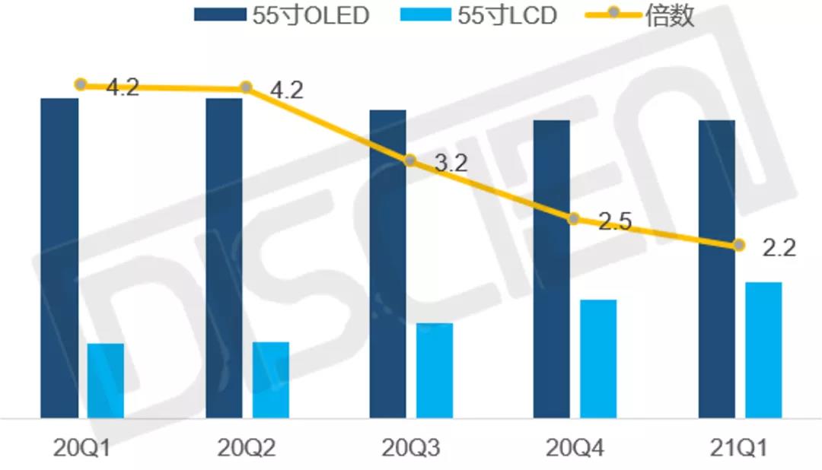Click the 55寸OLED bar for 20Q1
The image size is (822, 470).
pos(59,258)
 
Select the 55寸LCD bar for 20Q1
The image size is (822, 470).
pos(106,380)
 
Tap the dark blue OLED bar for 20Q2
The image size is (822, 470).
pos(224,258)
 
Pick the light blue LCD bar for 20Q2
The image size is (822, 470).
pos(271,379)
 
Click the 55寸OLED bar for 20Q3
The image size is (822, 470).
pos(388,263)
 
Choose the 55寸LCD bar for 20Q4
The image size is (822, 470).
pos(598,358)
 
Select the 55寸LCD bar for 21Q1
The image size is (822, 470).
pos(763,350)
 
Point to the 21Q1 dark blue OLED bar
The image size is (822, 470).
pos(717,268)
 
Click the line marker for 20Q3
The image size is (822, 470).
pos(409,160)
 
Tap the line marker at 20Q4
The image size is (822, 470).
pos(574,219)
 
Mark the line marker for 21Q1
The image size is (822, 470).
pos(738,245)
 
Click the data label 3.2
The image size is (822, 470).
pos(451,163)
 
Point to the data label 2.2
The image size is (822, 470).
pos(779,248)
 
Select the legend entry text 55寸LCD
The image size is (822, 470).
pos(506,15)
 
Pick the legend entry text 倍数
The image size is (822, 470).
pos(670,15)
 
